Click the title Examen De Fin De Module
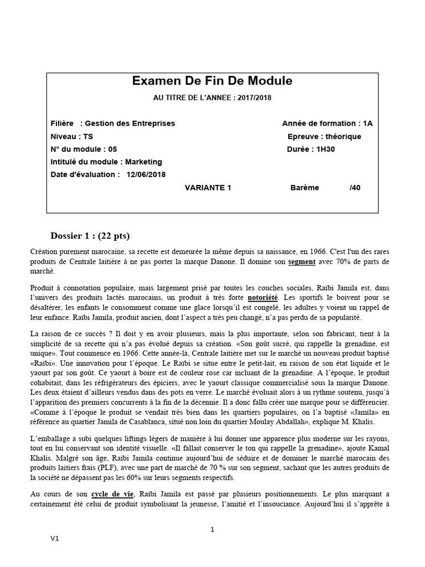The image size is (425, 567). pos(212,81)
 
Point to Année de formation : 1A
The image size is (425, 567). pos(327,123)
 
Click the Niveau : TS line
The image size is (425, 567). pos(71,136)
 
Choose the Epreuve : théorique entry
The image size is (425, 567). pos(324,136)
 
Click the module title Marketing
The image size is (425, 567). pos(143,162)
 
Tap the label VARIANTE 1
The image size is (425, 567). pos(208,187)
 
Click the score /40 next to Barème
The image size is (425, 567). pos(355,187)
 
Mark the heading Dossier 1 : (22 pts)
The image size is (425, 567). pos(90,235)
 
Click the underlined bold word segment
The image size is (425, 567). pos(302,261)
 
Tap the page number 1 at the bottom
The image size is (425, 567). pos(212,529)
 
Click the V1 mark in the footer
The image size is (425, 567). pos(55,539)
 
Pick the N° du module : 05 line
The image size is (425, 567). pos(84,149)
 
